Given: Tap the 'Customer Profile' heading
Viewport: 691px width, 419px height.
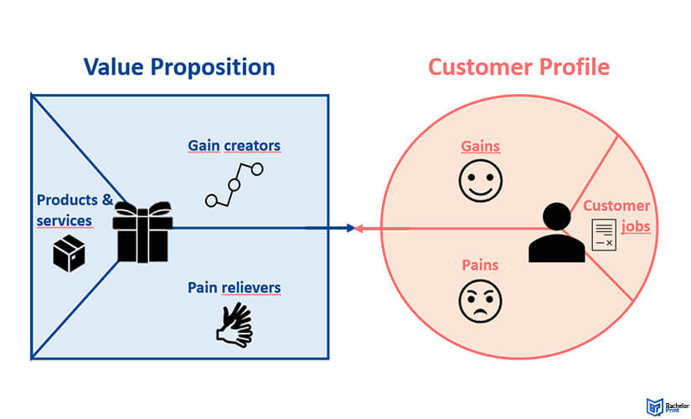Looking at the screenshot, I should [518, 67].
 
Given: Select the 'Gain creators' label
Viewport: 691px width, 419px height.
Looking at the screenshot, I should [234, 146].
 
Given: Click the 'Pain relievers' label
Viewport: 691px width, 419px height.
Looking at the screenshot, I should [234, 288].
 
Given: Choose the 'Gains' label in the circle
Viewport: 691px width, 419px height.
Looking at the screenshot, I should [480, 146].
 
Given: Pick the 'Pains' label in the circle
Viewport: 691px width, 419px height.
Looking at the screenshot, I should [480, 266].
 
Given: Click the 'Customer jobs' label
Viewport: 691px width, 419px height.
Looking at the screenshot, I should [616, 215].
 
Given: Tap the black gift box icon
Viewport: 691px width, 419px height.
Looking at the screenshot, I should [143, 232].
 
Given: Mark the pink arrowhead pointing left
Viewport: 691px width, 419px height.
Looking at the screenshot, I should [359, 227].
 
